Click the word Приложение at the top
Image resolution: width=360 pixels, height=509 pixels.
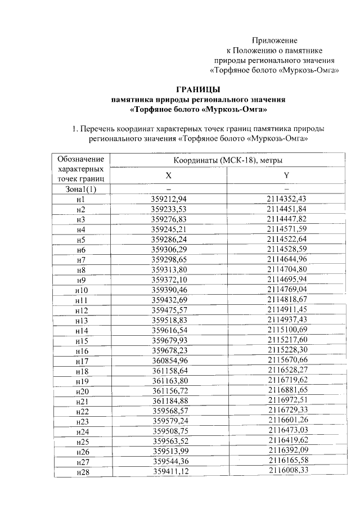click(274, 40)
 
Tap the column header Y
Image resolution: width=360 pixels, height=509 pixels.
click(286, 175)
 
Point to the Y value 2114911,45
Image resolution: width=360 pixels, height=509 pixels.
click(287, 309)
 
